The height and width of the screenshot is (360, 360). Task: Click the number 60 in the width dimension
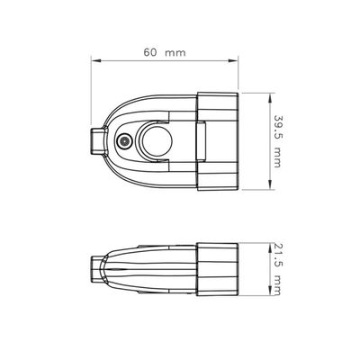tap(150, 52)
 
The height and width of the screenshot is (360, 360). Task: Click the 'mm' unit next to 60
tap(175, 53)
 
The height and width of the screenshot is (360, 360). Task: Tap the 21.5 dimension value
tap(276, 255)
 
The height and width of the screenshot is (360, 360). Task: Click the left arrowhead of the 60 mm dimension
tap(95, 61)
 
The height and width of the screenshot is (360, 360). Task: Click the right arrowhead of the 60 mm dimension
tap(233, 61)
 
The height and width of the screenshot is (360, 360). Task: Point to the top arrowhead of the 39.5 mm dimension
tap(270, 97)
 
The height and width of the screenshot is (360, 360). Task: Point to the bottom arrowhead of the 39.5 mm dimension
tap(270, 184)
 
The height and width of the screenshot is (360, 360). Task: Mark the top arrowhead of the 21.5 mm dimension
tap(270, 247)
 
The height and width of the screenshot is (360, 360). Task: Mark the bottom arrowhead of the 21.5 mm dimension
tap(270, 292)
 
